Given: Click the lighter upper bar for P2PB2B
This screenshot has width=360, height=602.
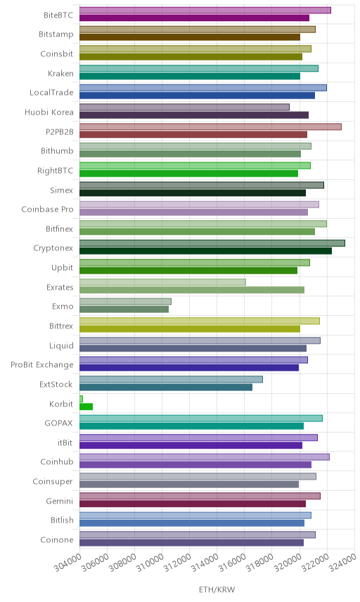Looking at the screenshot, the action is click(210, 127).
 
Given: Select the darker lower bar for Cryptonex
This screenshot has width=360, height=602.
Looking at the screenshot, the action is click(206, 251).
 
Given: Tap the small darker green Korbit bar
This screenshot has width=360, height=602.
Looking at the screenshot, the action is click(86, 406).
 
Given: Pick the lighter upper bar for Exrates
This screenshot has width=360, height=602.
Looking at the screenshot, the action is click(162, 282).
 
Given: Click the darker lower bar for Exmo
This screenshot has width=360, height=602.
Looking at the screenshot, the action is click(124, 309).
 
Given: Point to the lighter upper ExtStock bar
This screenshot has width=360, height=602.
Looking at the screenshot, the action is click(171, 379).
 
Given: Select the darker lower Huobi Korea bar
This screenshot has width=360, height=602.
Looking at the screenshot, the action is click(194, 115).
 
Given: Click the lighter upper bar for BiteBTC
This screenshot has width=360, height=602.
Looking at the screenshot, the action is click(205, 11).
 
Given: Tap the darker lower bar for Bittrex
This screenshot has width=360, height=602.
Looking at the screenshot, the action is click(190, 329).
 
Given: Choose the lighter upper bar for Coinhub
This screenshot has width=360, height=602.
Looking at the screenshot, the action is click(205, 457).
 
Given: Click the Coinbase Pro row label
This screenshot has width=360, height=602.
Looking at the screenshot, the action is click(47, 210).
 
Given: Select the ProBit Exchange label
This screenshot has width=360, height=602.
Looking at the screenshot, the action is click(41, 365).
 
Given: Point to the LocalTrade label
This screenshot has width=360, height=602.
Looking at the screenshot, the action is click(51, 93).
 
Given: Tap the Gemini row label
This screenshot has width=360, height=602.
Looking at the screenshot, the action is click(60, 501).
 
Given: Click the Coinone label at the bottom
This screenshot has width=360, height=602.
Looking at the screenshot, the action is click(57, 540).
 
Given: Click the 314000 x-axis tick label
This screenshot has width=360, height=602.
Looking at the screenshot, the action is click(205, 562).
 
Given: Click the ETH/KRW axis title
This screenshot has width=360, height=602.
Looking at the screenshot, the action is click(217, 590).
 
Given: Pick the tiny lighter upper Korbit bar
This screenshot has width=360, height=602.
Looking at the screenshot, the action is click(81, 399).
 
